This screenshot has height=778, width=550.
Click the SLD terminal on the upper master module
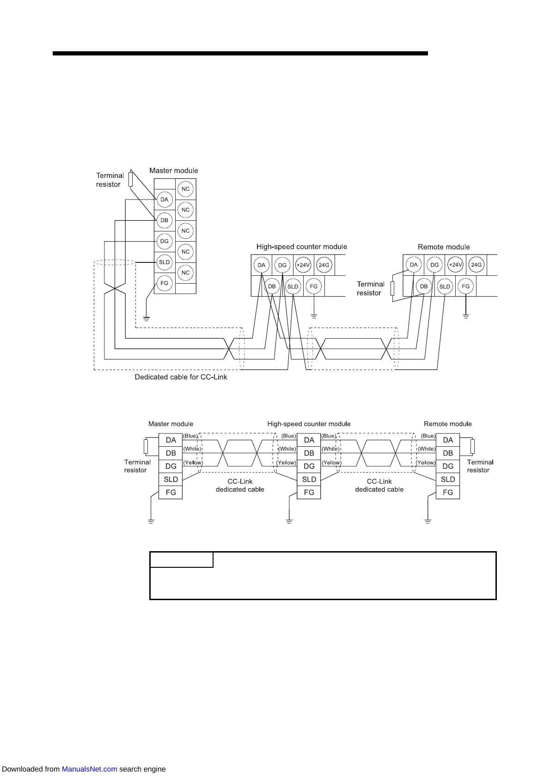164,262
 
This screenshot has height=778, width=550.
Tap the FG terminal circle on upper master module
164,283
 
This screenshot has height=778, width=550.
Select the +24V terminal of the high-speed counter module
303,265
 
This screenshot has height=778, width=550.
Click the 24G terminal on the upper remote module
476,265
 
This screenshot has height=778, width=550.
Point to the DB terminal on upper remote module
424,286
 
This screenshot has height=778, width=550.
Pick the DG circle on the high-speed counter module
282,265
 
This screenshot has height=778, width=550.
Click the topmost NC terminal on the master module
185,189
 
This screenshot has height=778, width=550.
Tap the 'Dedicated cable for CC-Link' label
181,377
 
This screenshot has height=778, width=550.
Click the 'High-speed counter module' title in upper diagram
301,247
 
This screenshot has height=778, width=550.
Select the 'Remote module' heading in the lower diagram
447,424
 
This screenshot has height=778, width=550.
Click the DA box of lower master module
171,440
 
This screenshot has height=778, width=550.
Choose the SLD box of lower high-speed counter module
309,479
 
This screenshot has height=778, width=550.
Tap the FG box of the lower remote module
447,492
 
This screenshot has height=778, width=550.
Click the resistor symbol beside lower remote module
472,447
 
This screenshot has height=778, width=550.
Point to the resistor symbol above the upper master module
131,179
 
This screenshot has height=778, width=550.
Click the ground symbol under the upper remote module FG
466,316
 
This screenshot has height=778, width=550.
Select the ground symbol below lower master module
151,521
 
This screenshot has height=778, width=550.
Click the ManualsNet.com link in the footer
89,769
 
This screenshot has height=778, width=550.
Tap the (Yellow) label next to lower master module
193,462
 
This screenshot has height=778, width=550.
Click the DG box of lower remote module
447,466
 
